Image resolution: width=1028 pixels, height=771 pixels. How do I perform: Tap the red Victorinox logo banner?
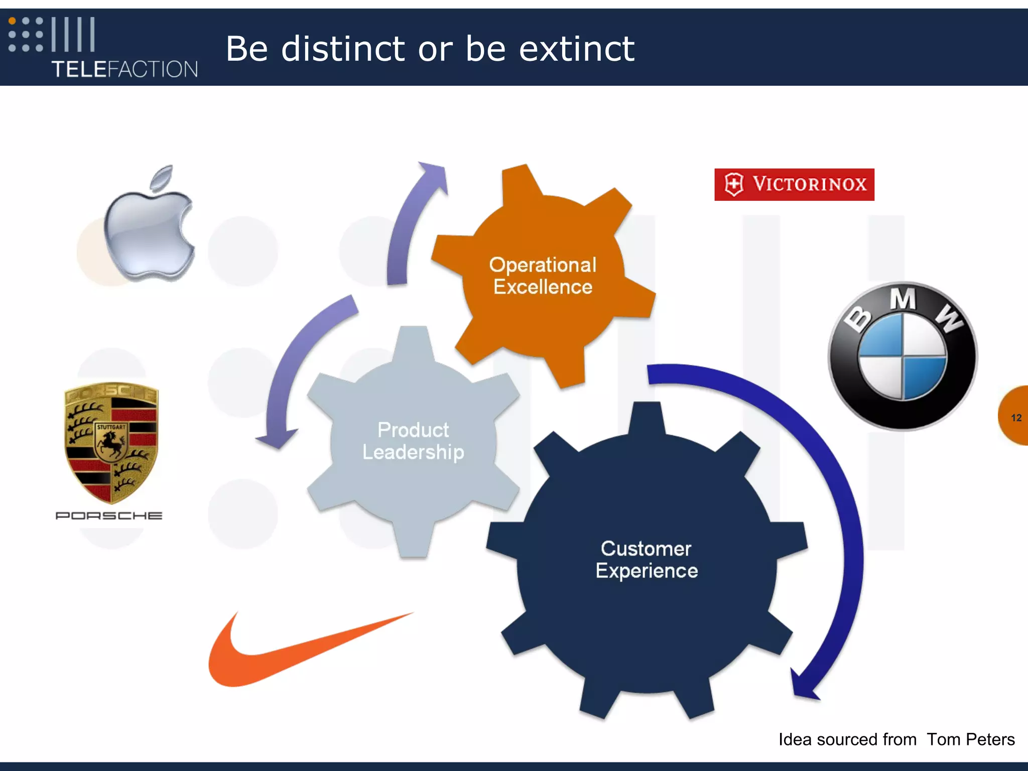(x=794, y=184)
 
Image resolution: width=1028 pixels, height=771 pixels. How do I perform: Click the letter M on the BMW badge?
(x=903, y=300)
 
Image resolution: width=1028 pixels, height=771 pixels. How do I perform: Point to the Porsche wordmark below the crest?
(x=109, y=516)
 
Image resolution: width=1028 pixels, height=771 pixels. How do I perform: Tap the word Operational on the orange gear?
(x=543, y=265)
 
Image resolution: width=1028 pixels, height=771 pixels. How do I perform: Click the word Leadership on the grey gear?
(x=413, y=452)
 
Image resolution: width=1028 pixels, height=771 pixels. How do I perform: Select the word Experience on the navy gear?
(x=647, y=571)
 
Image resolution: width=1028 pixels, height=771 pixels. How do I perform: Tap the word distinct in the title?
(x=343, y=49)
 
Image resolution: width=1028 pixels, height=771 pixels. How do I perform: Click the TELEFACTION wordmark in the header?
(x=124, y=69)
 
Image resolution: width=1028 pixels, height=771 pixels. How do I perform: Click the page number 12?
(x=1016, y=418)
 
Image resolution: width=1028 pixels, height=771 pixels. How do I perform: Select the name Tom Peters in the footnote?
(x=970, y=739)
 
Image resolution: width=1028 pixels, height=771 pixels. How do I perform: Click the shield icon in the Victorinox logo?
(x=734, y=184)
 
